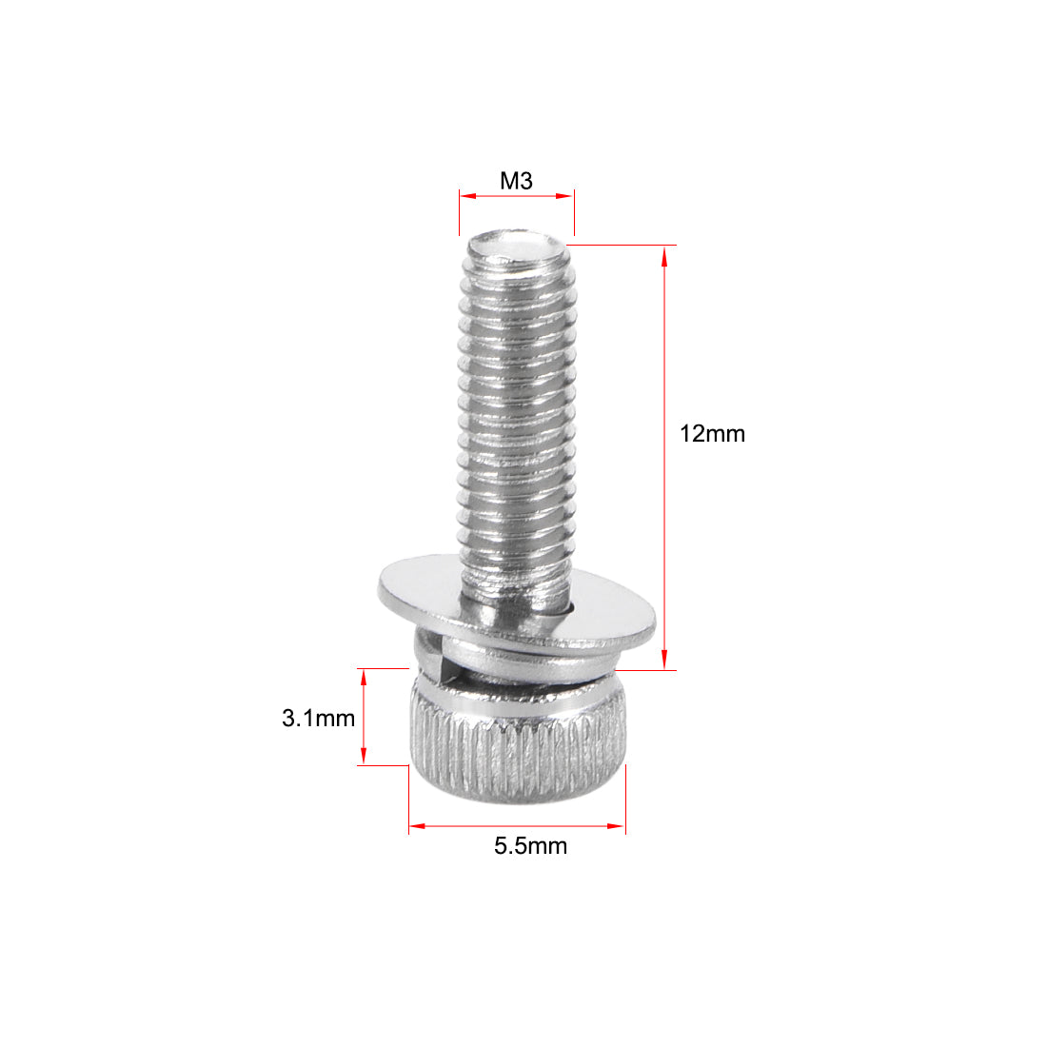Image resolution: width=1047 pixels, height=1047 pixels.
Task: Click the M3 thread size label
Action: coord(516,181)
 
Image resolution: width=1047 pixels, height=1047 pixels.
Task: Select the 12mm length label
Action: coord(712,434)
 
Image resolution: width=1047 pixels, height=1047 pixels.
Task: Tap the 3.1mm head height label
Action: coord(318,718)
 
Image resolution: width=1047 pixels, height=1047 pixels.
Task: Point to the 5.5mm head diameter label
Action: coord(530,845)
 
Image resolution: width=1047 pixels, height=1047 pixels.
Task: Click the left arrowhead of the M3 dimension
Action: coord(464,196)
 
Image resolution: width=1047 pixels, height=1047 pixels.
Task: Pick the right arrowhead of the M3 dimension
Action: coord(568,196)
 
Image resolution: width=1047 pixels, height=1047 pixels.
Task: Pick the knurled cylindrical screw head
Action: coord(519,752)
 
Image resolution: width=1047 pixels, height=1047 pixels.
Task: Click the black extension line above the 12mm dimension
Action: coord(623,246)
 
